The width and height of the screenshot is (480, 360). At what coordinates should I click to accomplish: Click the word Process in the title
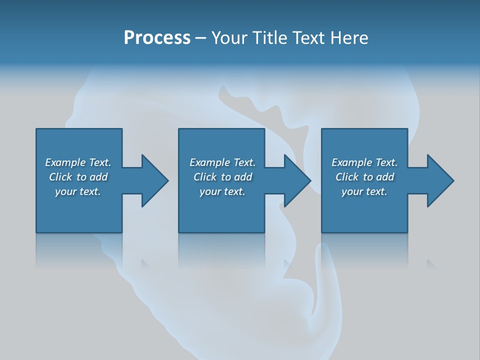click(x=157, y=38)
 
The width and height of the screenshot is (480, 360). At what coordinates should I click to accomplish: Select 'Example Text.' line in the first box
click(x=78, y=162)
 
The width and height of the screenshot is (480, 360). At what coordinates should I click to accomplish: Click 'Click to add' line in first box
click(x=78, y=177)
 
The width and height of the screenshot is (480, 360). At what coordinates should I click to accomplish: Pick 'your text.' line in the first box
click(x=78, y=191)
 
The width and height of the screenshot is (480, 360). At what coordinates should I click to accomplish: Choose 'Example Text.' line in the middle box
click(x=222, y=162)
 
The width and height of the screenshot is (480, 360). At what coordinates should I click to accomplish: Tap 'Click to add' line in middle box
click(x=222, y=177)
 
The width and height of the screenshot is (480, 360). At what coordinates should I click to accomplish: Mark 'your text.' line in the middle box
click(x=222, y=191)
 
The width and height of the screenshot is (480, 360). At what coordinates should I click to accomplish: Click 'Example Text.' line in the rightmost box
click(x=364, y=162)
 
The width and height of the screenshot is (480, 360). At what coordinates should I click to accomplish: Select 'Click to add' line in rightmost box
click(x=364, y=177)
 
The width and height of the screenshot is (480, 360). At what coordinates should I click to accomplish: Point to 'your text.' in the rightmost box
click(x=364, y=191)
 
